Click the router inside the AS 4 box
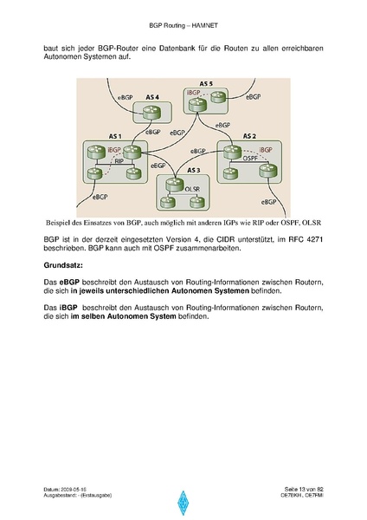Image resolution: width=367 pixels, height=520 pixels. (x=152, y=113)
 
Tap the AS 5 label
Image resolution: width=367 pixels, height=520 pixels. (x=206, y=84)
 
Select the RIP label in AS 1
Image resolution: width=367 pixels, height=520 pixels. (x=119, y=161)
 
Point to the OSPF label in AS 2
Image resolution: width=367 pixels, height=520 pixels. (x=250, y=159)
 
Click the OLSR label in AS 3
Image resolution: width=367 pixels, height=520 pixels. (x=192, y=189)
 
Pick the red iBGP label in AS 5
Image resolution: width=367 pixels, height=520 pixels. (x=193, y=93)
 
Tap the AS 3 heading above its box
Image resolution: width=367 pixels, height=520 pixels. (x=194, y=170)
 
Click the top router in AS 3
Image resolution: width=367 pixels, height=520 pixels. (x=174, y=185)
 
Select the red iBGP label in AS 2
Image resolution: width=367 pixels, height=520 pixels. (x=266, y=150)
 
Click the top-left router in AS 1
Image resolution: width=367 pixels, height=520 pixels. (x=96, y=153)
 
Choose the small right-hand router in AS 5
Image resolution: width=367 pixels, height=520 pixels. (x=218, y=97)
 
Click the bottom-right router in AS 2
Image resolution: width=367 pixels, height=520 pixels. (x=268, y=171)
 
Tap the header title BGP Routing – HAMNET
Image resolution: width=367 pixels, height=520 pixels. (x=183, y=25)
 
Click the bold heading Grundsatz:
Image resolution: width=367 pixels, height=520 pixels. (x=63, y=265)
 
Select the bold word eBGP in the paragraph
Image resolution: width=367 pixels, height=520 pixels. (x=69, y=283)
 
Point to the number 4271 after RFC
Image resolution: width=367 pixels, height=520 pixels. (x=314, y=239)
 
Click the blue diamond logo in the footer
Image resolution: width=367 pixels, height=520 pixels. (x=183, y=503)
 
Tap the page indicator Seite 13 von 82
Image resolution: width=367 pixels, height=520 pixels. (x=304, y=489)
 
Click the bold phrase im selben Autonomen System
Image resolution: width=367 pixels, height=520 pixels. (x=123, y=316)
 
